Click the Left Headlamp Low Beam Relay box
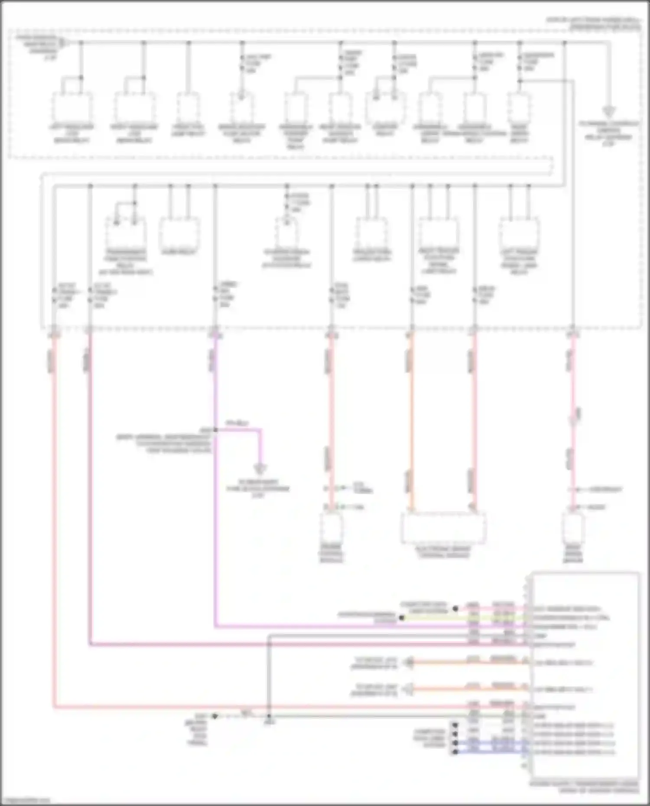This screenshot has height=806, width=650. [72, 107]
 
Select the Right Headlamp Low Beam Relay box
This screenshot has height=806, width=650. [135, 107]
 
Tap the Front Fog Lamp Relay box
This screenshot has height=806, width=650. [188, 107]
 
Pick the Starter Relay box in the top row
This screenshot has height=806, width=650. [385, 107]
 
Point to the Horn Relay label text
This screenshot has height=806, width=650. [179, 252]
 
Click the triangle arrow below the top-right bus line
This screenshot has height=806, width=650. [609, 112]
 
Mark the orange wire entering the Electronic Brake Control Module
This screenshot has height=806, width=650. [411, 433]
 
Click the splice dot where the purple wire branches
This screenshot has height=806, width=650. [215, 430]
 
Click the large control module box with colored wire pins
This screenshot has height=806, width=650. [585, 676]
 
